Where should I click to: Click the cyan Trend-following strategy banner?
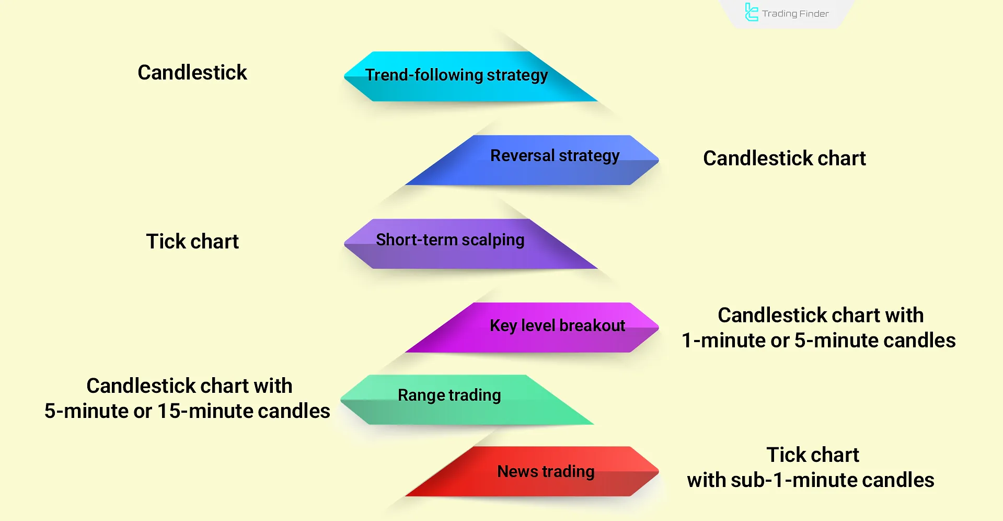(x=470, y=76)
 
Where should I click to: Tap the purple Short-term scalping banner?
(x=470, y=244)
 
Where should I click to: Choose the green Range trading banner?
(x=467, y=400)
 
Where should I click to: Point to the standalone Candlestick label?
(x=192, y=72)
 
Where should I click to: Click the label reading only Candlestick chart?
(x=784, y=158)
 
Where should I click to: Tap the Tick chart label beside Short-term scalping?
(x=192, y=241)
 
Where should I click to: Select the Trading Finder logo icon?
(x=752, y=13)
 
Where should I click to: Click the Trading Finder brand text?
(x=796, y=14)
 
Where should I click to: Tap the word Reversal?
(x=522, y=155)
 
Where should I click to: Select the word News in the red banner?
(x=517, y=471)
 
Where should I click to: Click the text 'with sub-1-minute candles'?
(x=811, y=480)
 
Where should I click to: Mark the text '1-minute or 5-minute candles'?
(x=818, y=340)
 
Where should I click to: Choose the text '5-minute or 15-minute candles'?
(x=187, y=411)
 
